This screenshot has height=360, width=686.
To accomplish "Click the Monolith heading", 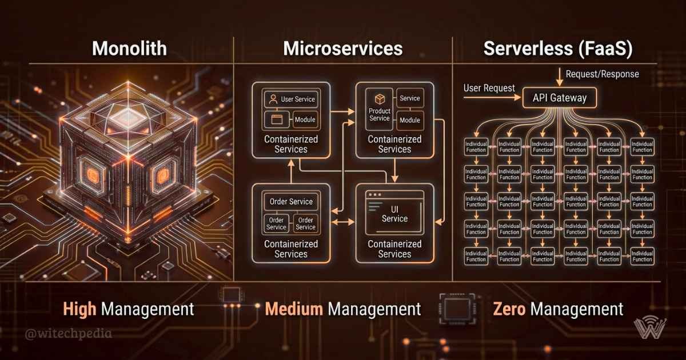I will coord(130,49).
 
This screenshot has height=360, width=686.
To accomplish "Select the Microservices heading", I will coord(342,49).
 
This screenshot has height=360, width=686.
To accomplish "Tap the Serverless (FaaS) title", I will coord(557,49).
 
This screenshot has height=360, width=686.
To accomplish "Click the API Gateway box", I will coord(560,98).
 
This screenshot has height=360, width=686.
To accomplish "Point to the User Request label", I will coord(489,89).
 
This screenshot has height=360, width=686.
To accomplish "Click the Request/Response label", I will coord(602,74).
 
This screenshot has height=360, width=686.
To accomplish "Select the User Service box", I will coord(291,99).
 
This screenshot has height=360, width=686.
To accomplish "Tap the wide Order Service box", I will coord(291,201).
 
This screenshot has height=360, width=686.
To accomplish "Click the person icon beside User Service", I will coord(273,99).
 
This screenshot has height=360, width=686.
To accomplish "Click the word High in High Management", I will coord(80,310).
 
